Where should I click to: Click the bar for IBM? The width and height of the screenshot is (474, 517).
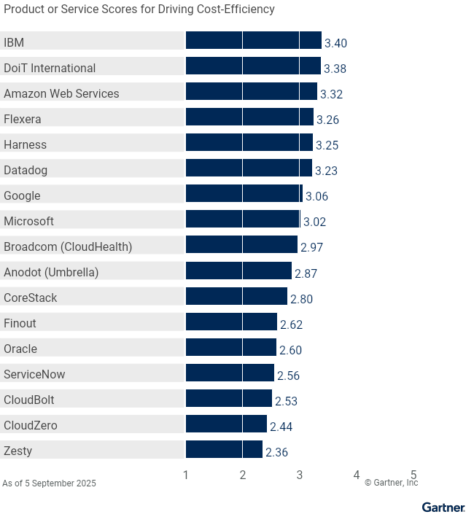tap(253, 41)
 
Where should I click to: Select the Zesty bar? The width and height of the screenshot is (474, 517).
tap(224, 449)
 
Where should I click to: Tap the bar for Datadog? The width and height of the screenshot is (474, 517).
tap(249, 168)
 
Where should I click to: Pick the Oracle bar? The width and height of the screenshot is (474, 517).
tap(231, 347)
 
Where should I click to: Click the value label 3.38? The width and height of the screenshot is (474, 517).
tap(335, 69)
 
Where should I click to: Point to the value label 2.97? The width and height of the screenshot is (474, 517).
tap(311, 247)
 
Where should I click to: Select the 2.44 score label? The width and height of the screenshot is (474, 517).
tap(281, 426)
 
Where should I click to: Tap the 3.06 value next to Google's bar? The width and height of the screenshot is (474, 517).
tap(316, 196)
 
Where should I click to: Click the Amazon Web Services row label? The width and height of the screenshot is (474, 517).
tap(61, 93)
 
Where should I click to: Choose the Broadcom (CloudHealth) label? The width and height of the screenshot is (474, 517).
tap(68, 246)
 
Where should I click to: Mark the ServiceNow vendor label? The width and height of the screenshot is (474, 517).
tap(34, 374)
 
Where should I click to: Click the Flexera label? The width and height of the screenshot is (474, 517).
tap(23, 119)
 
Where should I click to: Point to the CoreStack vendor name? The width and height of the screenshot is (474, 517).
tap(31, 298)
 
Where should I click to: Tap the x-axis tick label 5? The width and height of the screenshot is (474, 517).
tap(413, 475)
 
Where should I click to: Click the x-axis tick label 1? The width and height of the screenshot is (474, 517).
tap(186, 475)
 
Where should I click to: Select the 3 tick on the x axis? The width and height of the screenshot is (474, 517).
tap(300, 475)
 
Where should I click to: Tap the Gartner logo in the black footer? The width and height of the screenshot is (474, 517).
tap(443, 508)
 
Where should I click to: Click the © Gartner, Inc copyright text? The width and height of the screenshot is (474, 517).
tap(391, 483)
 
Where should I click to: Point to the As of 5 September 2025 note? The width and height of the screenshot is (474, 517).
tap(49, 483)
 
